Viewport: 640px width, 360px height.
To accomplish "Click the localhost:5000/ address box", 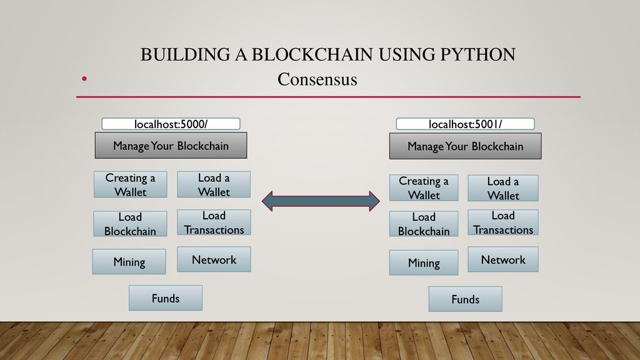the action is coord(171,124).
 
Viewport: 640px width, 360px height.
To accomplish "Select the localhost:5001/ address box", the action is coord(465,124).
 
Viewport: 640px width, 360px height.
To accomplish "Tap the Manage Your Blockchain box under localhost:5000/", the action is coord(171,145).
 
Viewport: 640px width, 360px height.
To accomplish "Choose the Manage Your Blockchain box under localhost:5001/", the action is coord(465,146).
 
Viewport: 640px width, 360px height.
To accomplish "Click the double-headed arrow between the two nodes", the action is coord(321,201).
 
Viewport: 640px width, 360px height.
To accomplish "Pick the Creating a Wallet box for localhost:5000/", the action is coord(130,184).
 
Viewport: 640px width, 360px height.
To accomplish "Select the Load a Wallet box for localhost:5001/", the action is coord(503,188).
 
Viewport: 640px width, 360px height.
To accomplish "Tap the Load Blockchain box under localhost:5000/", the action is coord(130,224).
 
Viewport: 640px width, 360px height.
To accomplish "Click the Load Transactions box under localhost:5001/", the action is coord(503,222).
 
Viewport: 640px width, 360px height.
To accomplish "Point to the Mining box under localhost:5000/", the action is coord(129,262).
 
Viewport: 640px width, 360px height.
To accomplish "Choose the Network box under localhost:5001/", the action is coord(503,259).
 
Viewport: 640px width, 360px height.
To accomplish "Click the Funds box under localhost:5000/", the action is coord(166,298).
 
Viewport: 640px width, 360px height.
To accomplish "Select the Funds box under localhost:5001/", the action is coord(465,299).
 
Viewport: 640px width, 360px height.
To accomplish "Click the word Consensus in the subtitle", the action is coord(317,79).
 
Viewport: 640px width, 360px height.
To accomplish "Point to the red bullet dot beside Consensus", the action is coord(84,78).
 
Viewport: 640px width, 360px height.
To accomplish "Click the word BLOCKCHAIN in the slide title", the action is coord(312,55).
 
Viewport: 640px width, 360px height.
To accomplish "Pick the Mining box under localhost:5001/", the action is coord(424,263).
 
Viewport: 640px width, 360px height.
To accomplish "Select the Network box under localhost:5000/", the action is coord(214,259).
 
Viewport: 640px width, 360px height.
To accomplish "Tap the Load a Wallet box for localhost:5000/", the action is coord(214,184).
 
